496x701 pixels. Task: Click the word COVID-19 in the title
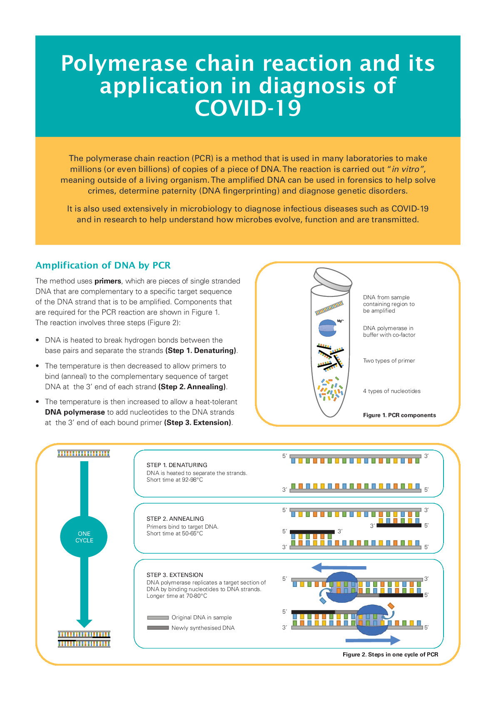(x=248, y=108)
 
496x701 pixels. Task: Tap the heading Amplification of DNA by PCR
(x=103, y=266)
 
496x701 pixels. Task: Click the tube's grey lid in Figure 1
(x=333, y=278)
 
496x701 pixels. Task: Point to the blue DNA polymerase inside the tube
(x=327, y=328)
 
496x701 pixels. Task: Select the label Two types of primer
(x=389, y=361)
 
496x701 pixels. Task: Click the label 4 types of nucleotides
(x=391, y=391)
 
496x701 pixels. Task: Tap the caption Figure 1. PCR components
(x=399, y=415)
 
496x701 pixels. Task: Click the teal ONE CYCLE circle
(x=84, y=537)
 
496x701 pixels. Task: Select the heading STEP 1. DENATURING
(x=177, y=465)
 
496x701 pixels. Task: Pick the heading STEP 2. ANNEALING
(x=175, y=519)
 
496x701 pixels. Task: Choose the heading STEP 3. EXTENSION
(x=174, y=575)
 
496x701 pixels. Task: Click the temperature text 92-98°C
(x=192, y=480)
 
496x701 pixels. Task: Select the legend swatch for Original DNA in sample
(x=157, y=618)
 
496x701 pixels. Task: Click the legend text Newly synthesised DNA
(x=203, y=628)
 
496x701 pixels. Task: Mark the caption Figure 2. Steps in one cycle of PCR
(x=390, y=655)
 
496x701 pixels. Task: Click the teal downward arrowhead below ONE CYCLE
(x=84, y=623)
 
